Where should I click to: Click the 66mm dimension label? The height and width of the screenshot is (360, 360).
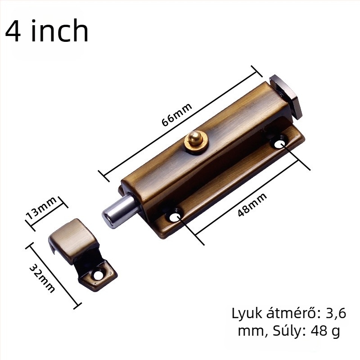[176, 114]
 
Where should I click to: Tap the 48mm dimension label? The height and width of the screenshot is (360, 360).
[252, 204]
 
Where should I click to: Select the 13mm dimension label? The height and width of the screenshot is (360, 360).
[41, 208]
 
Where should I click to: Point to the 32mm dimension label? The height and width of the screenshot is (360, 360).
[42, 278]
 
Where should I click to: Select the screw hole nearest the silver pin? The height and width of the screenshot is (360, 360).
[175, 217]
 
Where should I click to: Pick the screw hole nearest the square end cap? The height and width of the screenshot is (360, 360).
[279, 144]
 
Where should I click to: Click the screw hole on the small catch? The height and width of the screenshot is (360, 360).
[98, 275]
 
